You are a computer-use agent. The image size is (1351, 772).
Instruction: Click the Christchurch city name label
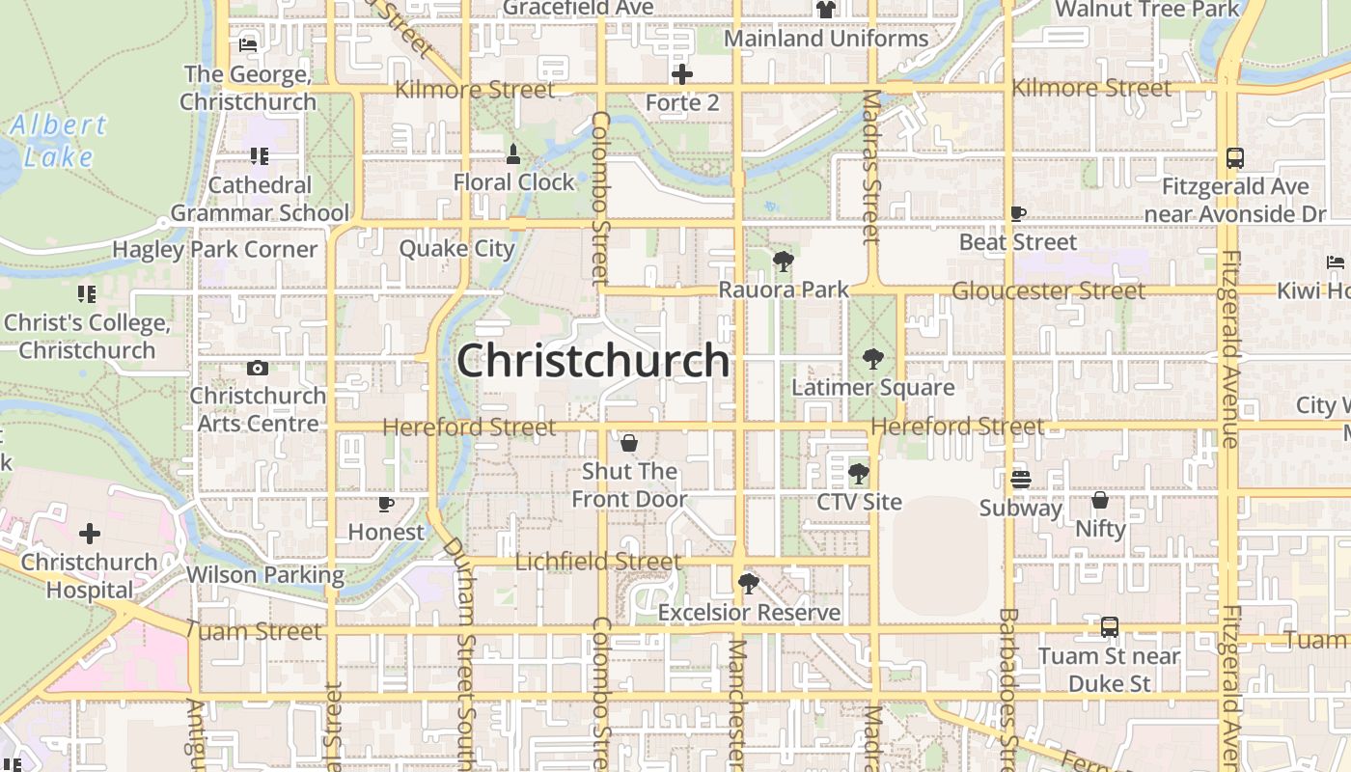tap(593, 361)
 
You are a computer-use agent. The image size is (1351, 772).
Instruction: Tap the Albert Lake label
tap(59, 141)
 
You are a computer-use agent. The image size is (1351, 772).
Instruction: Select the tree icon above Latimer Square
tap(872, 360)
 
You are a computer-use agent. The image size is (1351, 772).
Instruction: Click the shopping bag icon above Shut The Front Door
tap(629, 443)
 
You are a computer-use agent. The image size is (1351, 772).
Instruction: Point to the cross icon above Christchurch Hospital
tap(90, 534)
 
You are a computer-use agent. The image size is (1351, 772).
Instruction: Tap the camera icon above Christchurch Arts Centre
tap(258, 368)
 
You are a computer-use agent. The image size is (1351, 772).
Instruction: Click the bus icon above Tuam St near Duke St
tap(1110, 627)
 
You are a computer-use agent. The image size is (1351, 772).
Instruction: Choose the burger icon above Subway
tap(1021, 479)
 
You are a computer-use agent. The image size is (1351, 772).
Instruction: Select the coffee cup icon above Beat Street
tap(1018, 213)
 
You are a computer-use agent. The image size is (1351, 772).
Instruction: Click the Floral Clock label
tap(514, 182)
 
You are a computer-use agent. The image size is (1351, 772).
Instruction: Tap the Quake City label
tap(457, 248)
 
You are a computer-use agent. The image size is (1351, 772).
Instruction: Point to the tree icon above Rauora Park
tap(784, 261)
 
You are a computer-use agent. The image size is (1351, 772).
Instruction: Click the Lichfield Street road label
tap(598, 562)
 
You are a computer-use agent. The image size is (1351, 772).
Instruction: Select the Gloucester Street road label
tap(1048, 290)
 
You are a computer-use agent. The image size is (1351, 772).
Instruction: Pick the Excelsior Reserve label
tap(749, 613)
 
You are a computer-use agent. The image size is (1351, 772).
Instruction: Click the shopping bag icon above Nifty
tap(1100, 500)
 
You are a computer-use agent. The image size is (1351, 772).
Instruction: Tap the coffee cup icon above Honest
tap(386, 504)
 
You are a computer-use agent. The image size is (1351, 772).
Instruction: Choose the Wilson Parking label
tap(265, 575)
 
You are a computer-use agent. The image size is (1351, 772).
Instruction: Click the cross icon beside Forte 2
tap(682, 74)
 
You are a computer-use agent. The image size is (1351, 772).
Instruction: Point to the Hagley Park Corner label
tap(215, 249)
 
